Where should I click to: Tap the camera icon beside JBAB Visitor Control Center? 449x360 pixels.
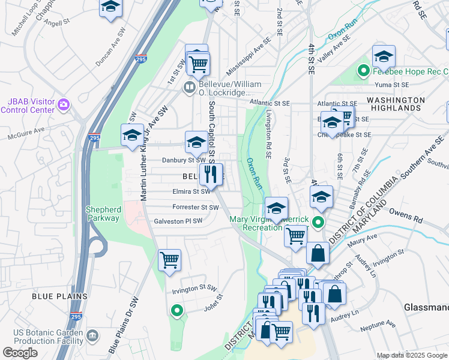coord(64,106)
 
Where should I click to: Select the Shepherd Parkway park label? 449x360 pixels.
coord(103,214)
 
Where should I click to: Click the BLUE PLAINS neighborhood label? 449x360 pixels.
coord(60,296)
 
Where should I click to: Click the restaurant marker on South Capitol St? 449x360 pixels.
coord(211,175)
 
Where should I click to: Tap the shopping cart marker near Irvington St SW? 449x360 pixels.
coord(170,260)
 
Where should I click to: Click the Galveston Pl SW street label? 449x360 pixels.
coord(178,220)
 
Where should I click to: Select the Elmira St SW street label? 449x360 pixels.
coord(191,191)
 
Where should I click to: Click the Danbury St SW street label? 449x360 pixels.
coord(184,160)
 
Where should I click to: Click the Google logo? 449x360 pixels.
coord(20,353)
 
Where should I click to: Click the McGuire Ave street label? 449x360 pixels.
coord(26,133)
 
